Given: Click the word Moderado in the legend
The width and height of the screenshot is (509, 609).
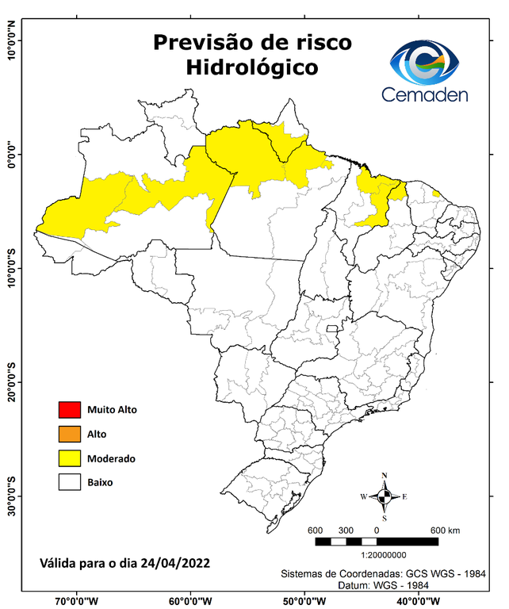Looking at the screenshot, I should pos(111,458).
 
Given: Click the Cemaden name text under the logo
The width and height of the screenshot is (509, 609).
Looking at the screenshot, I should pos(425,95).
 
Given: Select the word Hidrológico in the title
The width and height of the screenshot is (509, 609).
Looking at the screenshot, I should pos(251,68).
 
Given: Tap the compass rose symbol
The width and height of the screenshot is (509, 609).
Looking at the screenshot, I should pos(384,496).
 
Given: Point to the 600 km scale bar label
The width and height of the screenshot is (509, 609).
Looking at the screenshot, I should pos(445,530).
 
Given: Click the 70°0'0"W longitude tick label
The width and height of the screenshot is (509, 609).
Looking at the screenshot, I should pos(76,600).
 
